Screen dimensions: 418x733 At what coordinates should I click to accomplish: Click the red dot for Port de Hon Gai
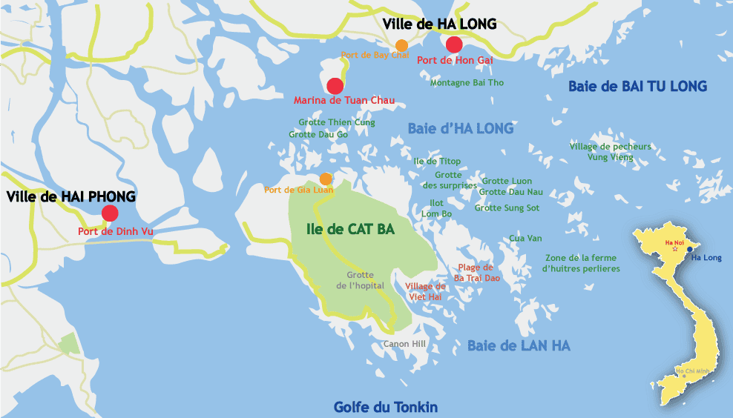pos(455,44)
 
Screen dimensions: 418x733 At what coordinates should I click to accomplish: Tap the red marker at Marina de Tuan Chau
pos(335,85)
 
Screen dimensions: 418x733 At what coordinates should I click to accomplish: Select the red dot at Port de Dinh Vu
pos(110,213)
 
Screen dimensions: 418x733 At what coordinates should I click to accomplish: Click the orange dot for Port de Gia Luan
pos(325,179)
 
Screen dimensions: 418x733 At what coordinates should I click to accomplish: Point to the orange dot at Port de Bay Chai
pos(401,45)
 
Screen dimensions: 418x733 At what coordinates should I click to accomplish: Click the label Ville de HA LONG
pos(439,24)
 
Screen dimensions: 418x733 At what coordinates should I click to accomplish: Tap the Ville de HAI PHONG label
pos(71,197)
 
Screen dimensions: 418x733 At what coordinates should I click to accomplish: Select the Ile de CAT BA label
pos(350,229)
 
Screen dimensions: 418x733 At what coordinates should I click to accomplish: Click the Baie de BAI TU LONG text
pos(637,86)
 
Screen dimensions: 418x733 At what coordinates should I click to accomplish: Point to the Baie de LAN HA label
pos(519,345)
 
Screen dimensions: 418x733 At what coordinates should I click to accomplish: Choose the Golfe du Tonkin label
pos(385,407)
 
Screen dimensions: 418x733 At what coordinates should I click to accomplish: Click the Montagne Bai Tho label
pos(467,83)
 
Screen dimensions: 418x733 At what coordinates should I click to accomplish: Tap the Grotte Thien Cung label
pos(337,122)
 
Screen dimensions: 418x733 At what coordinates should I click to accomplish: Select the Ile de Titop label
pos(437,162)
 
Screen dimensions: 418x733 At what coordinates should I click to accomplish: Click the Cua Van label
pos(526,238)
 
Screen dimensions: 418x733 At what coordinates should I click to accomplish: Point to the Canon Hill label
pos(404,344)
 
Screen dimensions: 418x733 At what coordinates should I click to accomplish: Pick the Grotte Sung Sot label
pos(507,208)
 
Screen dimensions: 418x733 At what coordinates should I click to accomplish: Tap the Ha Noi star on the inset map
pos(674,251)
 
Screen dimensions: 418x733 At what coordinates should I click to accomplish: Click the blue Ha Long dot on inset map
pos(689,250)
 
